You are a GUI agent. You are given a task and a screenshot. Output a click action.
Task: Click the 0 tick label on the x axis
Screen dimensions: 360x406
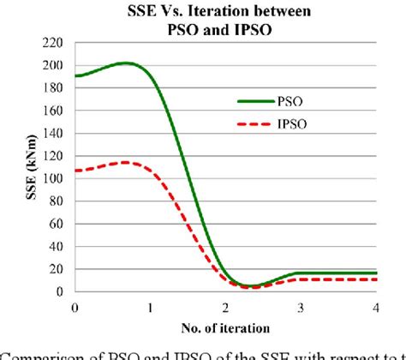click(x=75, y=307)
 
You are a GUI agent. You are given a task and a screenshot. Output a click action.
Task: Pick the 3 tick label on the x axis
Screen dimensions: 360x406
click(x=300, y=307)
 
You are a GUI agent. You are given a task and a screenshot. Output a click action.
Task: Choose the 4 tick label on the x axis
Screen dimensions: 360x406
click(x=374, y=307)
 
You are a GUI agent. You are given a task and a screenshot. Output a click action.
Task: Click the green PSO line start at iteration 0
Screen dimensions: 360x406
click(x=76, y=76)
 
